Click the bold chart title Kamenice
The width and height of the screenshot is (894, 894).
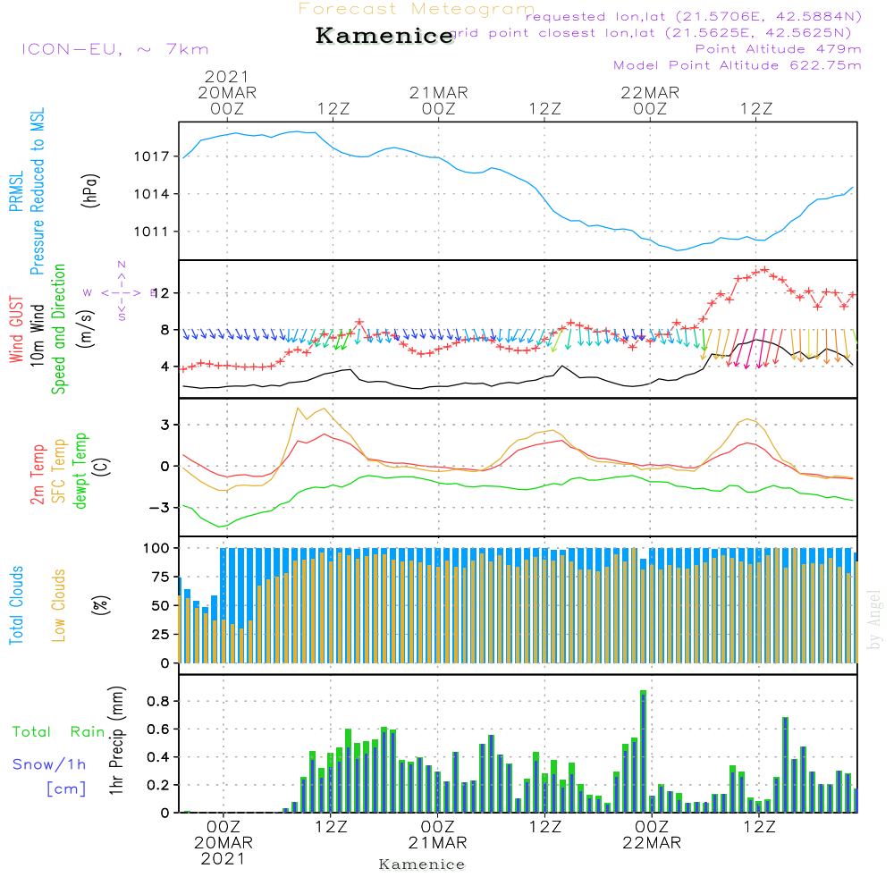tap(384, 37)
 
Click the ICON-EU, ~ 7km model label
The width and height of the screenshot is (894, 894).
tap(114, 49)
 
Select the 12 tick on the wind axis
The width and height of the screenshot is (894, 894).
tap(161, 293)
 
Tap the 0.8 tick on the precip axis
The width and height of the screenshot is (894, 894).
tap(157, 701)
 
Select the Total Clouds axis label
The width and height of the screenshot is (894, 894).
tap(16, 604)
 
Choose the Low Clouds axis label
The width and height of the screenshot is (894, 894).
tap(59, 604)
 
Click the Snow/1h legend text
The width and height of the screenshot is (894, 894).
tap(49, 764)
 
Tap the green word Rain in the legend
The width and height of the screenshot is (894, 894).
tap(88, 732)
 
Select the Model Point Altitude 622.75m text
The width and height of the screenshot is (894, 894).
tap(737, 65)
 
